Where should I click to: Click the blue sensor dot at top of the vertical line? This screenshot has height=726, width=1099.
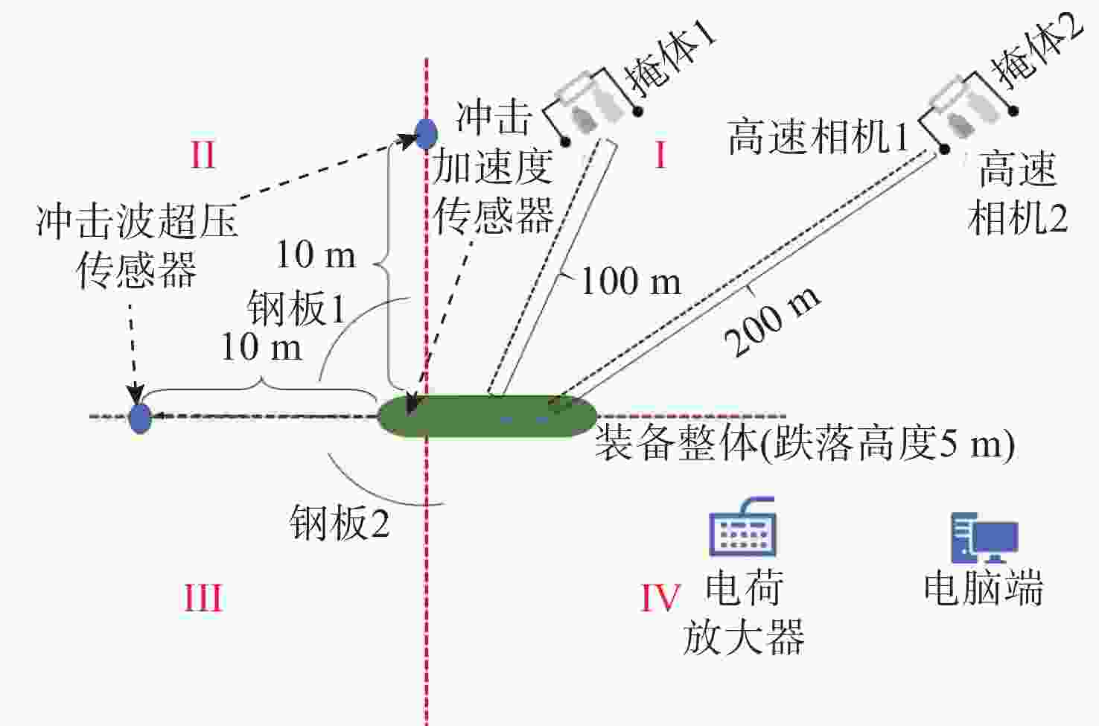[x=425, y=134]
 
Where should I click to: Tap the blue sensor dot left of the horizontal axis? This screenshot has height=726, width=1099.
[x=140, y=418]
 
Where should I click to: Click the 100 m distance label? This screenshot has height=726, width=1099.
[x=630, y=281]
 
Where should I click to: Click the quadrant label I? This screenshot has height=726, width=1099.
[x=660, y=156]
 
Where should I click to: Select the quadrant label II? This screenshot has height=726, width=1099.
[x=203, y=156]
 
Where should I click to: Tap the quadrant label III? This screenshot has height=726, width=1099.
[x=203, y=598]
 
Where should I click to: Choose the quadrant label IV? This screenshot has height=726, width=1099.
[x=660, y=598]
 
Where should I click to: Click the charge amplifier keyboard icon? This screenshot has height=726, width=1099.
[x=742, y=528]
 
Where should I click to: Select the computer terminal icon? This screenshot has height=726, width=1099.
[x=984, y=538]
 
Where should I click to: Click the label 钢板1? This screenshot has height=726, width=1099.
[x=296, y=308]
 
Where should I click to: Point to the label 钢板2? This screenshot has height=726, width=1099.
[x=340, y=523]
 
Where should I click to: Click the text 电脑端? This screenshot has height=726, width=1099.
[x=983, y=588]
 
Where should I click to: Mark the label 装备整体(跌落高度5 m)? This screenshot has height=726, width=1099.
[x=804, y=444]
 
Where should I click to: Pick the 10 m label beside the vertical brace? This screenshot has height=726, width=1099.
[x=316, y=255]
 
